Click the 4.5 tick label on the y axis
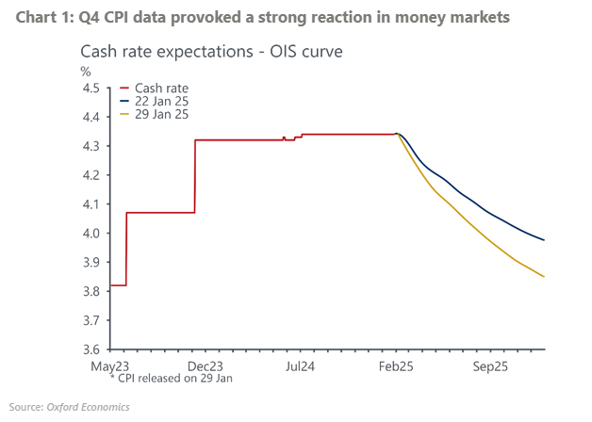tap(90, 89)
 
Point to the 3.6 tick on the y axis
tap(90, 350)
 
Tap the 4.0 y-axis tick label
tap(90, 234)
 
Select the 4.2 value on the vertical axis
tap(90, 175)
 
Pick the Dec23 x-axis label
tap(205, 365)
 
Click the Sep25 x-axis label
tap(492, 365)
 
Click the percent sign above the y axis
tap(86, 71)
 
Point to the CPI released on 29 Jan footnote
tap(170, 378)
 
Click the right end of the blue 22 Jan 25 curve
tap(544, 240)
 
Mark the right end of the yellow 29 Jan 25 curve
tap(544, 276)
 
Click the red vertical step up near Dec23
tap(194, 176)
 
